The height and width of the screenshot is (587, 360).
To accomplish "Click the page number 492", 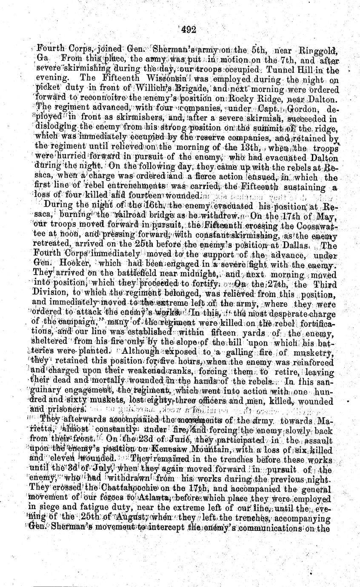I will [x=188, y=29].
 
